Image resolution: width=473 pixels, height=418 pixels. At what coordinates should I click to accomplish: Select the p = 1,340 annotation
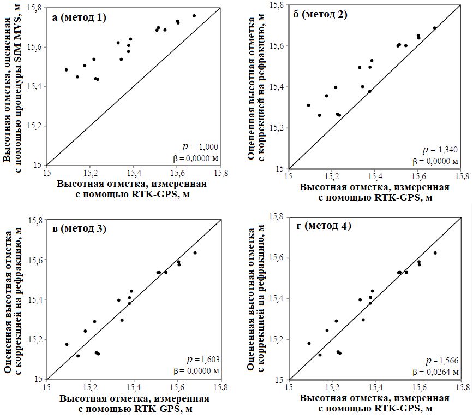(x=443, y=150)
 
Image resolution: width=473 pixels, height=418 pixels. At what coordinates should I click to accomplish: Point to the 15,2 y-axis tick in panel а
(x=36, y=126)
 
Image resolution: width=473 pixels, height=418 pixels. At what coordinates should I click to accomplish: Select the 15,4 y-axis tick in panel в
(x=36, y=299)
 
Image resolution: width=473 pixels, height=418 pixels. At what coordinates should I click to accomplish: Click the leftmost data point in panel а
(x=66, y=70)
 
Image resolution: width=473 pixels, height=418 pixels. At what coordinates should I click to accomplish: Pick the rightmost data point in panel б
(x=435, y=28)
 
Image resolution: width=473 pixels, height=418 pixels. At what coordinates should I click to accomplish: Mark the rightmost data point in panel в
(x=195, y=252)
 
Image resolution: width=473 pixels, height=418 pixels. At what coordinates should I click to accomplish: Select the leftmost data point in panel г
(x=309, y=343)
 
